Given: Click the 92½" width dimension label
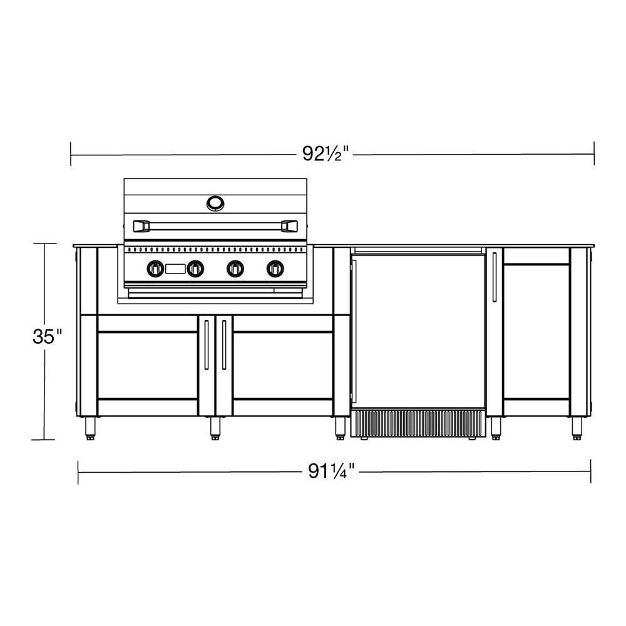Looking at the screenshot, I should [326, 153].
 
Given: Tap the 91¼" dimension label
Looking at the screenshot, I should [331, 471].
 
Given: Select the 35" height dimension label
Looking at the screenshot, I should [48, 336].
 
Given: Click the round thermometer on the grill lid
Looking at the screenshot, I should [215, 202].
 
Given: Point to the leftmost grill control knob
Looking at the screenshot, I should [155, 269].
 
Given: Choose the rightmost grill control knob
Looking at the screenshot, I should [274, 269].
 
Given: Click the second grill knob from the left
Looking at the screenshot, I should [195, 269].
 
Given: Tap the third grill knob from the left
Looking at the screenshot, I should [235, 269].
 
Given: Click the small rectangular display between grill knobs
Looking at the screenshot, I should [175, 269].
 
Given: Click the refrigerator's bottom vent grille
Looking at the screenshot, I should [418, 423].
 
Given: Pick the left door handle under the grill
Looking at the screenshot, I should [207, 344].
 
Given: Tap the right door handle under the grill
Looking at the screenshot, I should [223, 344].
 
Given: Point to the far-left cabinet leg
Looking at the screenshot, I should [90, 428].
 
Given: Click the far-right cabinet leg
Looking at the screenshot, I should [576, 428].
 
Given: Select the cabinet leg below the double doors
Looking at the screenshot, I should [215, 428].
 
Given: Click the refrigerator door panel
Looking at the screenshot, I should [418, 329].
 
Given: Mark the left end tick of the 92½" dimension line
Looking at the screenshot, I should [71, 153].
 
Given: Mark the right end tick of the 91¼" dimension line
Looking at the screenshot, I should [590, 471].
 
